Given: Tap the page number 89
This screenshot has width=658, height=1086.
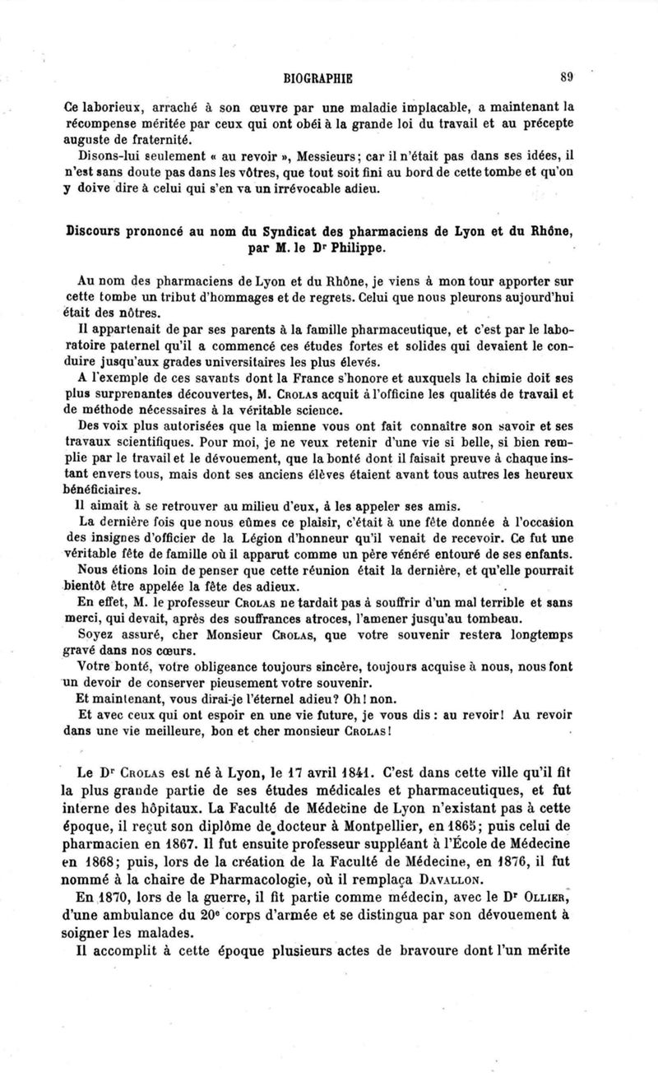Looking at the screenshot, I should pos(565,78).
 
